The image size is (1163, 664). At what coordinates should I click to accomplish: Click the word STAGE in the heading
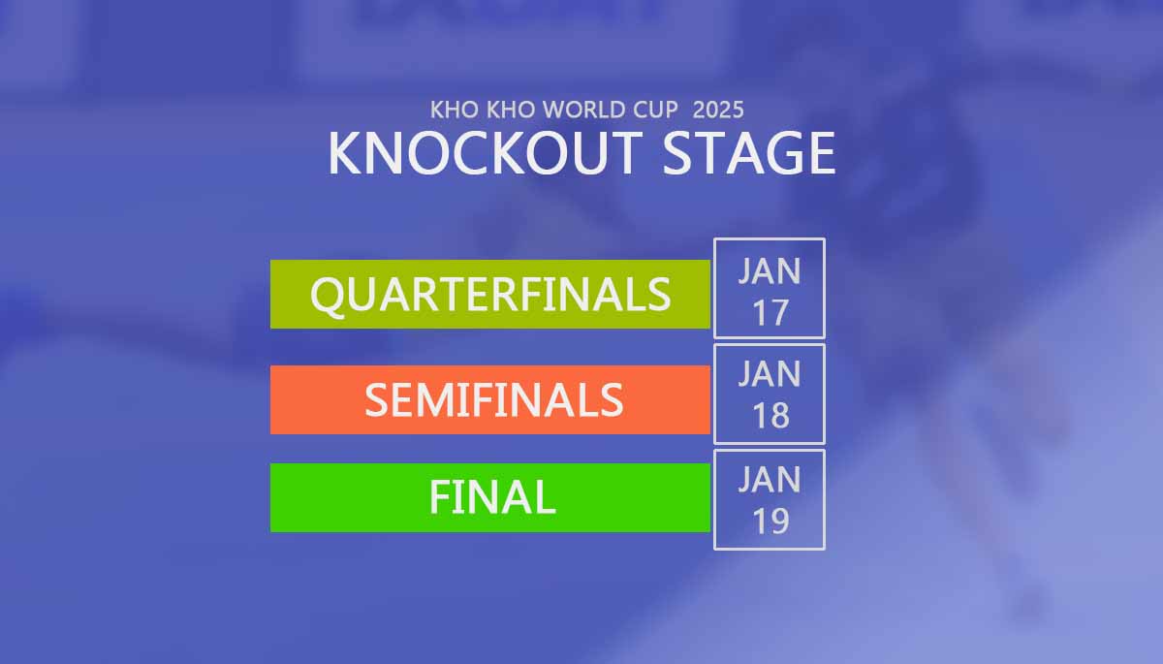(x=748, y=152)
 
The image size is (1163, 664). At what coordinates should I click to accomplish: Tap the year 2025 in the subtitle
(x=718, y=109)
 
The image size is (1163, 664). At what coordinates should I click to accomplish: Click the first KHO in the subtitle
(x=453, y=109)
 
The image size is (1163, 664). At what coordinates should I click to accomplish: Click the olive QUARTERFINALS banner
(x=490, y=294)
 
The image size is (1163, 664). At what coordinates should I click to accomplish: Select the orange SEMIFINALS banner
(x=490, y=398)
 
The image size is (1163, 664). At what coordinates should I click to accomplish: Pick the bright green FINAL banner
(x=490, y=497)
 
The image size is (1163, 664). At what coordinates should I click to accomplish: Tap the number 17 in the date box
(x=770, y=312)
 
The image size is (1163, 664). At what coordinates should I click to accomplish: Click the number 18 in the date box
(x=770, y=416)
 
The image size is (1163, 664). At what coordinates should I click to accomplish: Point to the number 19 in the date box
(x=770, y=522)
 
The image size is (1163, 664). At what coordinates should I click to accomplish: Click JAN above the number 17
(x=770, y=270)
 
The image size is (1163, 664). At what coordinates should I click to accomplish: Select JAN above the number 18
(x=770, y=374)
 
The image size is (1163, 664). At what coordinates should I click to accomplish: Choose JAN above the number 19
(x=770, y=479)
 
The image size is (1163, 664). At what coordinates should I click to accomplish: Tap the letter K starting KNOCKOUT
(x=345, y=152)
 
